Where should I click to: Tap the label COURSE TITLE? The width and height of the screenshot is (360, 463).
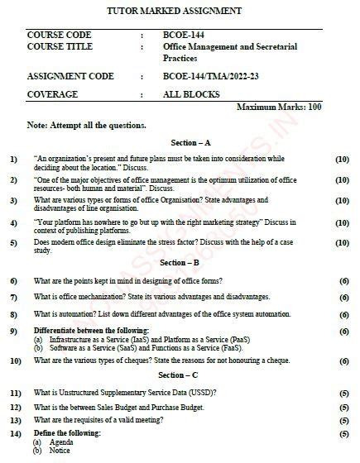60,48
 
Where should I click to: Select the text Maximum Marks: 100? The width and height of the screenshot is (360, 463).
279,107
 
